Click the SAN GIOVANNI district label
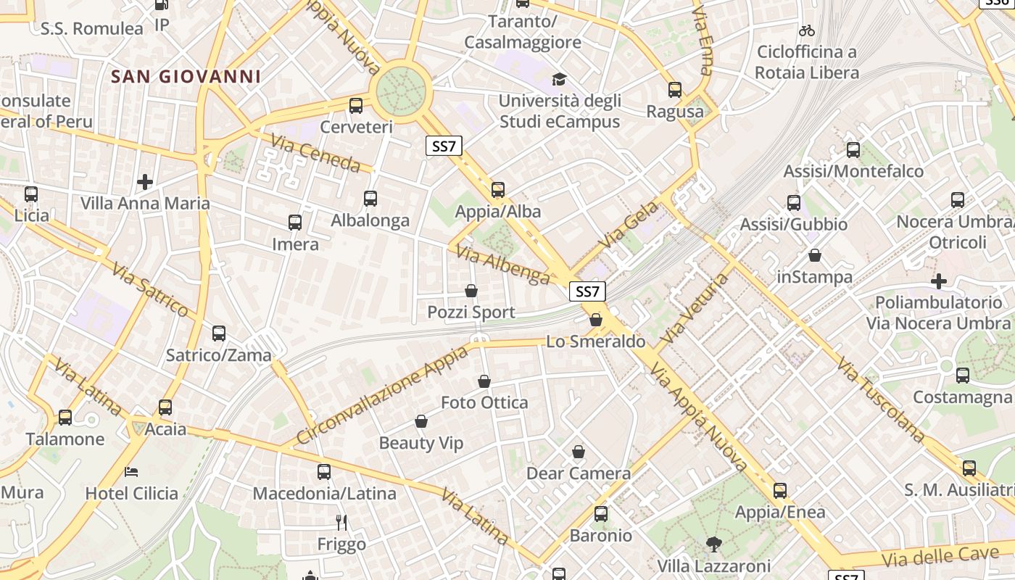(x=186, y=76)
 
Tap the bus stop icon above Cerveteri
(x=356, y=106)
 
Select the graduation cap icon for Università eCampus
(x=559, y=79)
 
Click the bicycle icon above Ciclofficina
(x=806, y=30)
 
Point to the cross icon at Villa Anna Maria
(x=145, y=181)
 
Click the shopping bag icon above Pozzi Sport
(x=471, y=291)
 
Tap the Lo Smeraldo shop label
(x=595, y=341)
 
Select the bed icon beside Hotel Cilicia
(x=131, y=471)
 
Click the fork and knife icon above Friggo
(x=341, y=522)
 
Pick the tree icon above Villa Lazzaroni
(x=713, y=544)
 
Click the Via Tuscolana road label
(x=880, y=399)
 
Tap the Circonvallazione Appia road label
(x=382, y=397)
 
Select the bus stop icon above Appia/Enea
(x=779, y=491)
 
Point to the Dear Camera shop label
(x=579, y=473)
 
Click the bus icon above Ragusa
(x=675, y=90)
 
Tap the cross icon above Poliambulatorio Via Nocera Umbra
(x=939, y=281)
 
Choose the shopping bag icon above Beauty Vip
(x=421, y=421)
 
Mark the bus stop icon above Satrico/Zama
(x=219, y=333)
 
